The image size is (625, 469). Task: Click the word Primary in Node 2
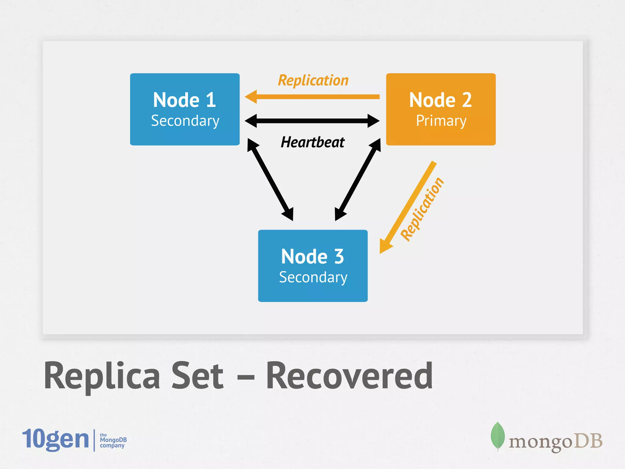(x=441, y=121)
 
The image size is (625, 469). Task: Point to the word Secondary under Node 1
(x=185, y=121)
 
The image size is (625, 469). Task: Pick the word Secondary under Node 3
(x=313, y=277)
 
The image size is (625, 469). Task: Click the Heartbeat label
(x=312, y=142)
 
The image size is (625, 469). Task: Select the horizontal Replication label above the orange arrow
(x=313, y=81)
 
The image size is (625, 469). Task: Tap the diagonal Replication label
(x=422, y=209)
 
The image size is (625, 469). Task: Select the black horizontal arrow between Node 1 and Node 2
(x=312, y=121)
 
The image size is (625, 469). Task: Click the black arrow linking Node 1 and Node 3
(x=270, y=180)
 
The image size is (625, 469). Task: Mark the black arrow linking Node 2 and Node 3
(x=358, y=180)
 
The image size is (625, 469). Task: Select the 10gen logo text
(x=56, y=439)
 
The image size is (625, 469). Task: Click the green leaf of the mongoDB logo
(x=497, y=435)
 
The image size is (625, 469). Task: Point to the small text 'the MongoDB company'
(x=113, y=440)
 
